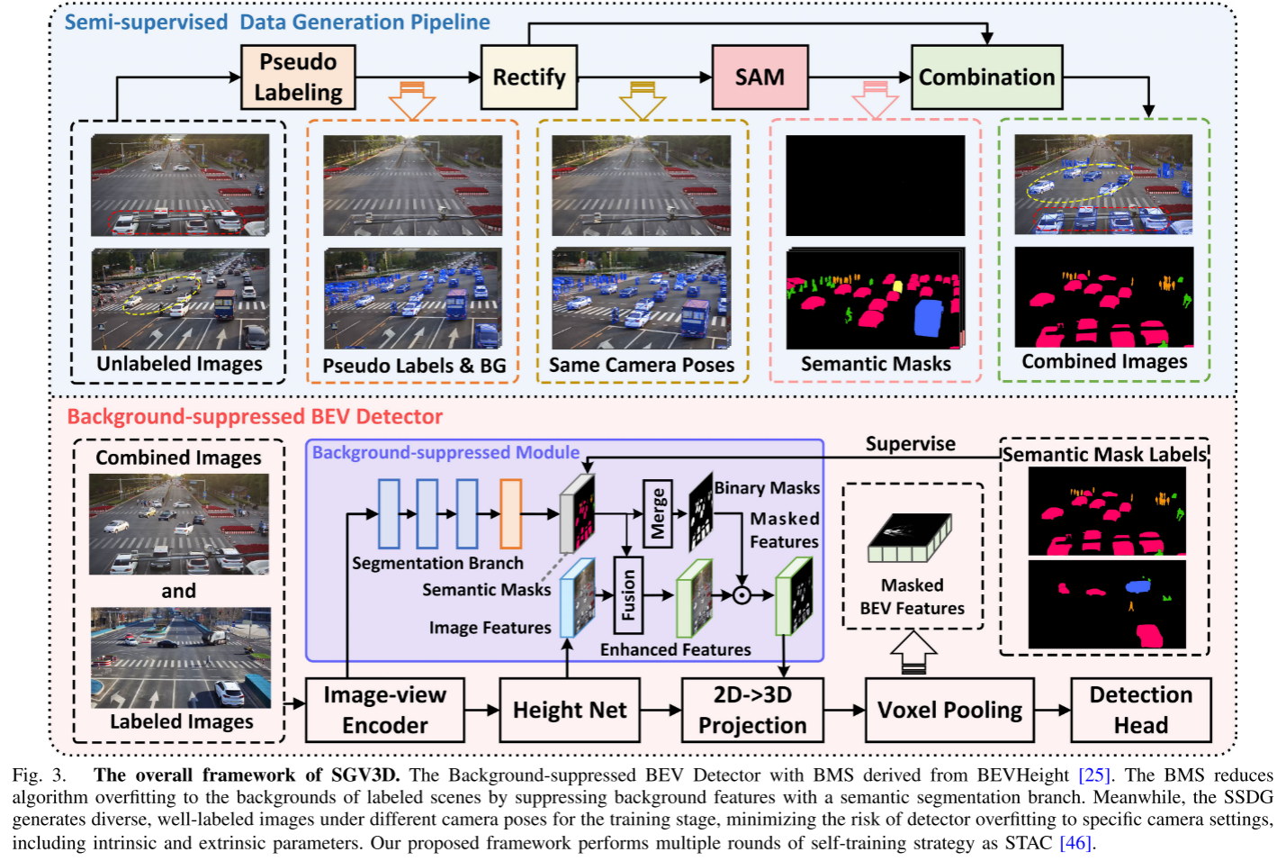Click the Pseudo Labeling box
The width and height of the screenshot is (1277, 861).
(x=298, y=77)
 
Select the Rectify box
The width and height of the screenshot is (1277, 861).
(x=528, y=77)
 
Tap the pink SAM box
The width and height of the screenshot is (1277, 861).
(x=760, y=77)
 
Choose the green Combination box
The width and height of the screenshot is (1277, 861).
(x=986, y=77)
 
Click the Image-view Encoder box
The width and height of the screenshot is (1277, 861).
(x=384, y=710)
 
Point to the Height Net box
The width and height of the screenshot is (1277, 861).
(x=569, y=710)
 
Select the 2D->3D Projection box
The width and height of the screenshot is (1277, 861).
(x=752, y=710)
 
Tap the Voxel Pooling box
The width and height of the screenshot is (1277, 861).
(x=949, y=710)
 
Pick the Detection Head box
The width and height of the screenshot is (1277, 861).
(x=1140, y=710)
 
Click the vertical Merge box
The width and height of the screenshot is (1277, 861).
(x=658, y=513)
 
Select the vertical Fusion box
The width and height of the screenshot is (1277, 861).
(x=627, y=595)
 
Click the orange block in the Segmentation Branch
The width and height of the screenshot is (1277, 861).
(x=510, y=513)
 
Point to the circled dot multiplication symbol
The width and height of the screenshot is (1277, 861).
(x=742, y=594)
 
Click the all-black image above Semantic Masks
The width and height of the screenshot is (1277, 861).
(x=875, y=186)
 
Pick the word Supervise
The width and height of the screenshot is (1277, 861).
(x=910, y=444)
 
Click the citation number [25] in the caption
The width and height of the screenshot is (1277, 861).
(x=1093, y=775)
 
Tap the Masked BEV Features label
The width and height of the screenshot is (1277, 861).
(x=912, y=597)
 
